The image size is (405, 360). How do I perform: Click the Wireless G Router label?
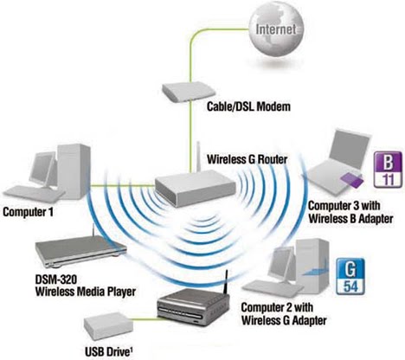(247, 158)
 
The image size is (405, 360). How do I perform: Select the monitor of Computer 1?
(42, 168)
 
